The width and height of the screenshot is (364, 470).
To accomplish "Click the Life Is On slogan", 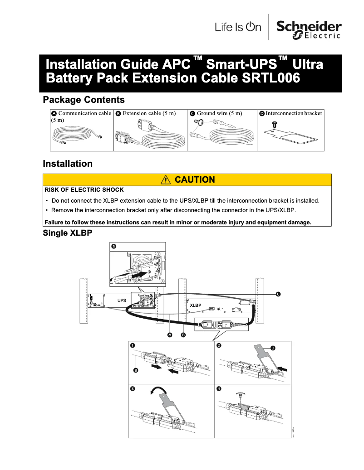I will pos(238,28).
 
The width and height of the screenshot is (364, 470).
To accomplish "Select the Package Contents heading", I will pos(84,99).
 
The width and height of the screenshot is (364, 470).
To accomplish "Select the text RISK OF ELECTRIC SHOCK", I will pos(84,189).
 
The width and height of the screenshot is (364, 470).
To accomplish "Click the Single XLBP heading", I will pos(68,233).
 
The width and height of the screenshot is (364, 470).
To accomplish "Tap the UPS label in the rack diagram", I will pos(122,300).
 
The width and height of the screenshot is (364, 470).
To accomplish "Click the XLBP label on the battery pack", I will pos(196,305).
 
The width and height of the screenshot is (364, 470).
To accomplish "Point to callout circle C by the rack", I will pos(278,294).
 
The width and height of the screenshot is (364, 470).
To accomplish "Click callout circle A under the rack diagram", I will pos(170,335).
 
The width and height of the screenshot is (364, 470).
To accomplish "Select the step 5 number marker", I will pos(114,246).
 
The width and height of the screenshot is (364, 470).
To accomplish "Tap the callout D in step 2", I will pos(273,348).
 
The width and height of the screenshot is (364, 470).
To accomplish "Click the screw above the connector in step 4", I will pos(239,396).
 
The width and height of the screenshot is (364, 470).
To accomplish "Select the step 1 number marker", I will pos(133,346).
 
